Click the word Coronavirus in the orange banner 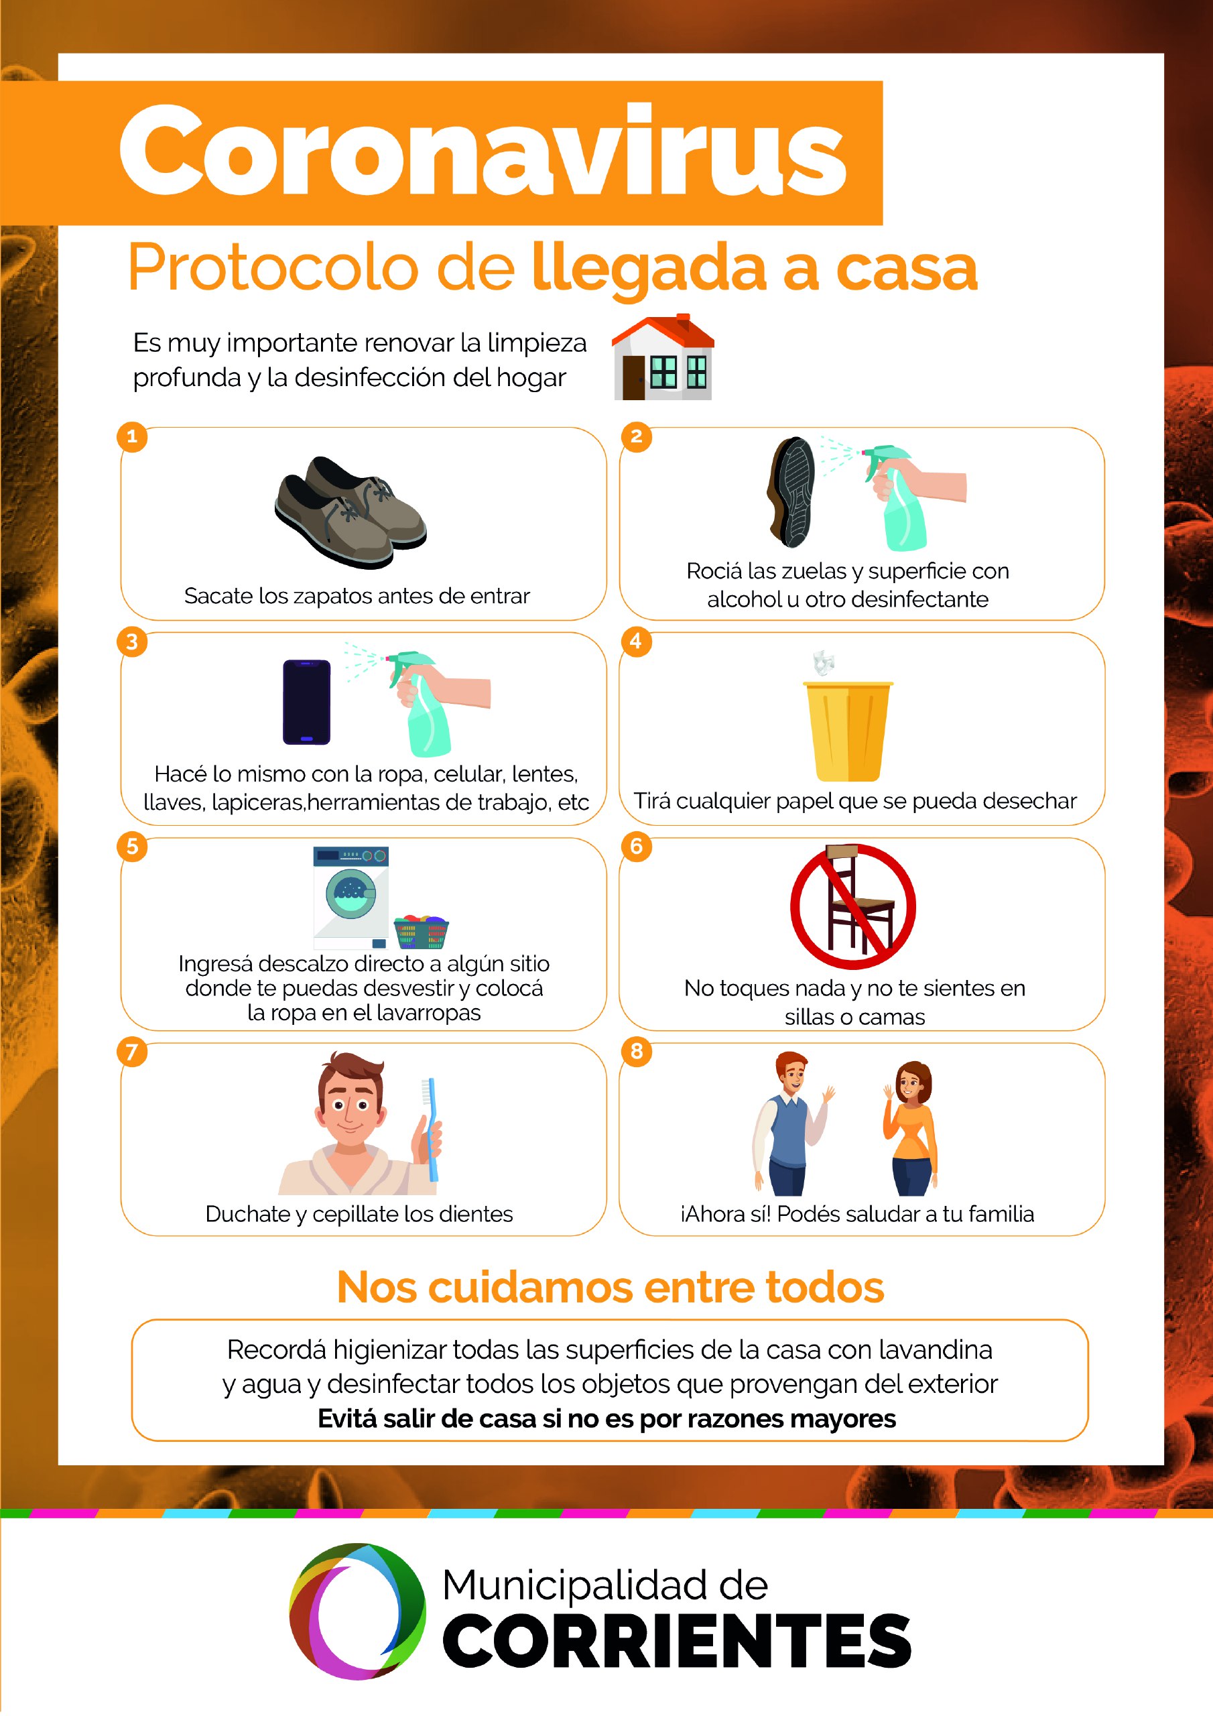tap(483, 150)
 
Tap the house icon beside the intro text tap(663, 357)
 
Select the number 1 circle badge tap(132, 436)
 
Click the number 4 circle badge tap(636, 641)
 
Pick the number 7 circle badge tap(132, 1052)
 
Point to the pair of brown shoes tap(350, 512)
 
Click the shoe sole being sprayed tap(791, 492)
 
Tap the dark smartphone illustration tap(306, 702)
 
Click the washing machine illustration tap(351, 898)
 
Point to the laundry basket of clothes tap(421, 931)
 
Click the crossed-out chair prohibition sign tap(852, 906)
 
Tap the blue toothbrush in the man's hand tap(430, 1129)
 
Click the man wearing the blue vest tap(791, 1123)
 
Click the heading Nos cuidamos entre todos tap(611, 1287)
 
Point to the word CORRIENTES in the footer tap(677, 1640)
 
